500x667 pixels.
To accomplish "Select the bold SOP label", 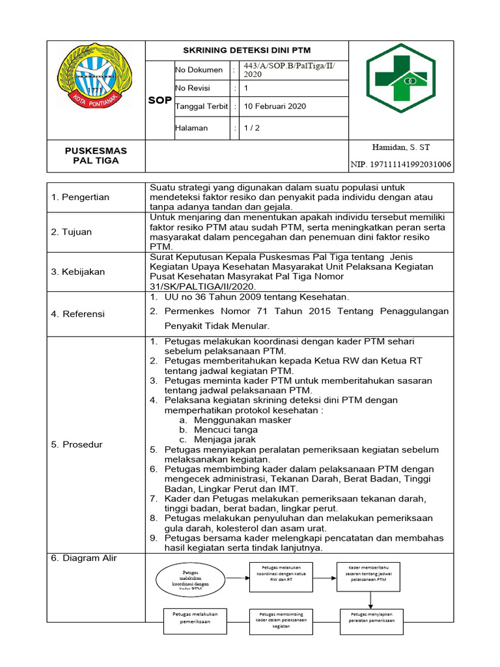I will [160, 100].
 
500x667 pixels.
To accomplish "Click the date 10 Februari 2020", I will [274, 106].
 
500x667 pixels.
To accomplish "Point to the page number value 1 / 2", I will [251, 128].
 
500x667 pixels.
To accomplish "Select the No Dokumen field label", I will [199, 70].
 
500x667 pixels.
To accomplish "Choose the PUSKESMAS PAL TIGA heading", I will [96, 156].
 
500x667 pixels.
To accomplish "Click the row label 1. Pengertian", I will [80, 197].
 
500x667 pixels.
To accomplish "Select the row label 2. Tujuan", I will [72, 232].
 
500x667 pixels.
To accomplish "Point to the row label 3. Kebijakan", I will [78, 272].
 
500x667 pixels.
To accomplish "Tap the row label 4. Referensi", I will [78, 314].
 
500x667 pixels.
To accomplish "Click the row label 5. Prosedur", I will [77, 444].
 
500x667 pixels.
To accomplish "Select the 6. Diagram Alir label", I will [86, 558].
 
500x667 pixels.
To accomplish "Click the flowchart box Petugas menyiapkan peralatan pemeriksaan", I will [372, 617].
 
